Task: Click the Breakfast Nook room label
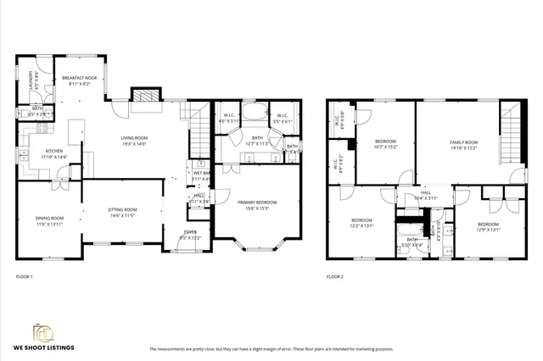pyautogui.click(x=80, y=81)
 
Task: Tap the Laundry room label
pyautogui.click(x=33, y=80)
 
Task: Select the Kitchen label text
pyautogui.click(x=36, y=153)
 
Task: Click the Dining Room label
pyautogui.click(x=49, y=221)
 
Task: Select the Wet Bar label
pyautogui.click(x=201, y=176)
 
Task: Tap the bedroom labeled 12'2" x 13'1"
pyautogui.click(x=362, y=224)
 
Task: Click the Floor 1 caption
pyautogui.click(x=24, y=277)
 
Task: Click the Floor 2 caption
pyautogui.click(x=336, y=277)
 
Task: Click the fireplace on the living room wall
pyautogui.click(x=139, y=96)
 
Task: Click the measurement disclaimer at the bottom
pyautogui.click(x=271, y=349)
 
